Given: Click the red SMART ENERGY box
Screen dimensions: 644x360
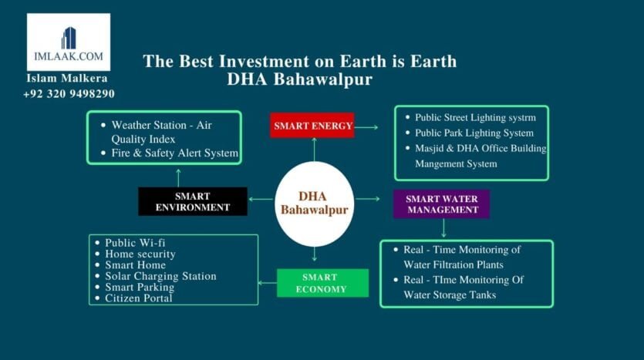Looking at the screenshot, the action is [x=312, y=125].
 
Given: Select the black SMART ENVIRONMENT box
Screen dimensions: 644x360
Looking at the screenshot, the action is [x=193, y=201].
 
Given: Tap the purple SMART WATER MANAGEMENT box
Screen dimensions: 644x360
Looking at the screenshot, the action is [x=441, y=204].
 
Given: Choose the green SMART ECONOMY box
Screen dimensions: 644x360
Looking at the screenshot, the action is [x=323, y=283].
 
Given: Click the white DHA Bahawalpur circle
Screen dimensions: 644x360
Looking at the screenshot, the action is [x=314, y=204].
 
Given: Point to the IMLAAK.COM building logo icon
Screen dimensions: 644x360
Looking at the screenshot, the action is [x=69, y=39].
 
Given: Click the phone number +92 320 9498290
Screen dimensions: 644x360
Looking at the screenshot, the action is [x=69, y=94].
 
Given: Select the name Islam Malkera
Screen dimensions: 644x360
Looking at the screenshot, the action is [x=67, y=78].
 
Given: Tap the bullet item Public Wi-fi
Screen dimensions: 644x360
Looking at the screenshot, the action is [x=130, y=243].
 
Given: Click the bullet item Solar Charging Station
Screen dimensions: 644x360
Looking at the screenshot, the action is [x=156, y=276].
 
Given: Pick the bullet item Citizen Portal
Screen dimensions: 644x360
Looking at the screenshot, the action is [x=134, y=298].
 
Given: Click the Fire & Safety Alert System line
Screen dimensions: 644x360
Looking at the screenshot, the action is [x=170, y=153].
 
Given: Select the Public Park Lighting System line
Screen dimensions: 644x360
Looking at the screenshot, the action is [x=470, y=133].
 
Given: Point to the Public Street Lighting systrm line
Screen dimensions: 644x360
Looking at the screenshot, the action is [x=470, y=117].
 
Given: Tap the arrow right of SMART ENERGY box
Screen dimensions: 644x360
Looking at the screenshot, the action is [x=366, y=127].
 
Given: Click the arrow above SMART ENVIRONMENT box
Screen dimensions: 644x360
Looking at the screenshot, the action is [x=178, y=178].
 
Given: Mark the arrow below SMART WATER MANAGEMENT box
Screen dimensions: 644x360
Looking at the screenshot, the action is [x=443, y=228].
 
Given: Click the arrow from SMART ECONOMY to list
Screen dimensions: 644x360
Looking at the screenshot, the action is [x=268, y=283].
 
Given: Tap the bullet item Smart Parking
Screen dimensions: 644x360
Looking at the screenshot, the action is [x=135, y=287].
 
